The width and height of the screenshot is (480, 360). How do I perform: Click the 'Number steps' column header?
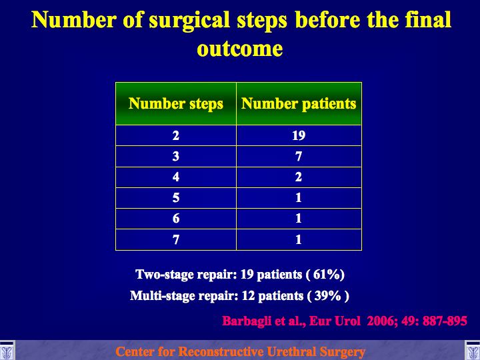tap(176, 103)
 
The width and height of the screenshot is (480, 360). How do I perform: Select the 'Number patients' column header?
tap(299, 103)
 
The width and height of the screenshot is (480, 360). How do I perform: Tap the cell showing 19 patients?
tap(299, 135)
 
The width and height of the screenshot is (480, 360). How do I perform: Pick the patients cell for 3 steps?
tap(299, 157)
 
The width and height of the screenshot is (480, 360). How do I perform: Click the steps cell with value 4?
tap(176, 177)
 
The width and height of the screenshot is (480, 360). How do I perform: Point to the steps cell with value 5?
tap(176, 198)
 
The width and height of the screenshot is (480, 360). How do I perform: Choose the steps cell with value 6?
tap(176, 219)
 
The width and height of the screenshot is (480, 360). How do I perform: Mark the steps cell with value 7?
tap(176, 240)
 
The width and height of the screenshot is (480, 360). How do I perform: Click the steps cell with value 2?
tap(176, 135)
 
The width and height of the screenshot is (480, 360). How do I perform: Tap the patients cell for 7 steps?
tap(299, 240)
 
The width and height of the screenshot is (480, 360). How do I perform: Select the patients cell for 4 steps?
tap(299, 177)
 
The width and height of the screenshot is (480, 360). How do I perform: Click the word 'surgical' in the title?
tap(189, 21)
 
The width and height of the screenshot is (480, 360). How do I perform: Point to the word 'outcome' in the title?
tap(240, 49)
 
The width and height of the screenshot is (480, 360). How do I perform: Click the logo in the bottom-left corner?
tap(7, 351)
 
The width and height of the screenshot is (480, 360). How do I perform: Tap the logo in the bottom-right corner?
tap(473, 351)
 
